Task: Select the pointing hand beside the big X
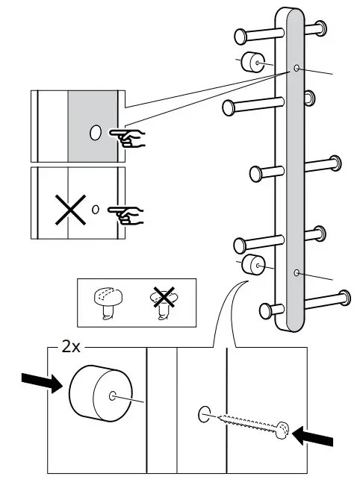[x=127, y=216]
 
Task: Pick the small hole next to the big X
[x=95, y=210]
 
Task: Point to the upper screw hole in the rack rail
[x=297, y=69]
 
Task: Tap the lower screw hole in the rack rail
[x=297, y=273]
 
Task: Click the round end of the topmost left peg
[x=240, y=36]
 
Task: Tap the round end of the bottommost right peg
[x=344, y=297]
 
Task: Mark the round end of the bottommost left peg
[x=265, y=310]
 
